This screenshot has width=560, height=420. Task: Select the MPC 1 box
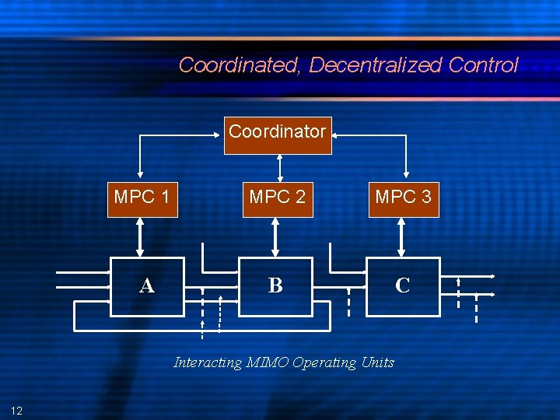pyautogui.click(x=142, y=198)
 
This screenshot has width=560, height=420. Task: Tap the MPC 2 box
pyautogui.click(x=278, y=198)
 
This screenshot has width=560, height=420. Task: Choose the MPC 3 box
pyautogui.click(x=403, y=198)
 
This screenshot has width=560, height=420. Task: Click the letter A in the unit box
pyautogui.click(x=146, y=286)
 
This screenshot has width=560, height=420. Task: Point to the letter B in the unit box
pyautogui.click(x=275, y=285)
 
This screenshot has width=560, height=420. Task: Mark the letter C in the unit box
pyautogui.click(x=402, y=285)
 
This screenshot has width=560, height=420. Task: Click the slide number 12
pyautogui.click(x=17, y=410)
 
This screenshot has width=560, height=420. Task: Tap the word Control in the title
pyautogui.click(x=483, y=65)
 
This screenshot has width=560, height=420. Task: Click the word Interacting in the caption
pyautogui.click(x=208, y=362)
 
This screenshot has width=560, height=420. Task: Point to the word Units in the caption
pyautogui.click(x=378, y=362)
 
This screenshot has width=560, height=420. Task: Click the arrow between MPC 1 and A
pyautogui.click(x=140, y=236)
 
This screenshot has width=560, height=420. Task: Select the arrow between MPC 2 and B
pyautogui.click(x=274, y=236)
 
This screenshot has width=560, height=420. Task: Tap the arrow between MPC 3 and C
pyautogui.click(x=401, y=236)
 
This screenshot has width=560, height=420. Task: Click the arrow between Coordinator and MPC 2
pyautogui.click(x=278, y=168)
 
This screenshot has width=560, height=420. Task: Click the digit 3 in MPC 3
pyautogui.click(x=425, y=198)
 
